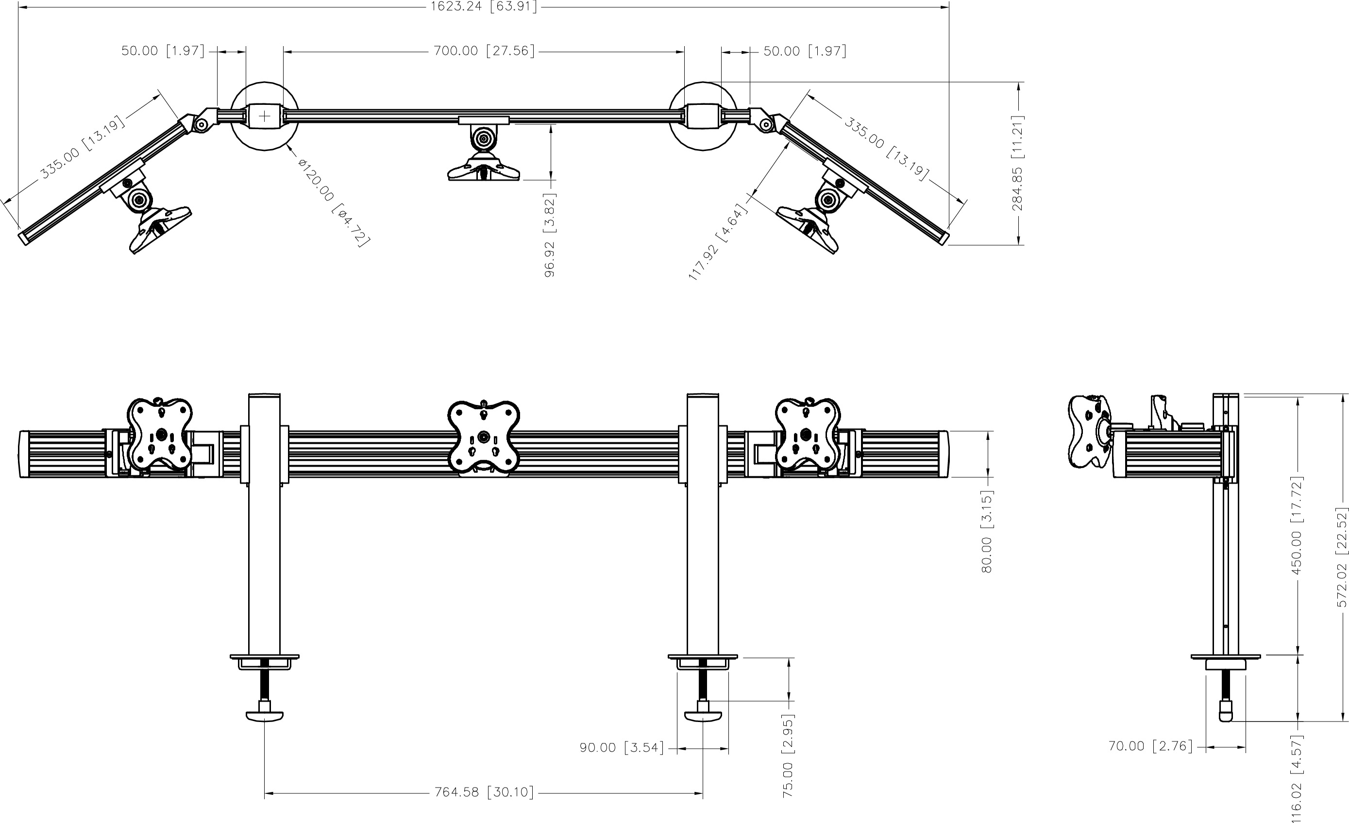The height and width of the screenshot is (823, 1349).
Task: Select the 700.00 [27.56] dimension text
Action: point(484,51)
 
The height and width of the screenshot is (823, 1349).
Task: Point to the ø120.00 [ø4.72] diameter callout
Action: point(334,202)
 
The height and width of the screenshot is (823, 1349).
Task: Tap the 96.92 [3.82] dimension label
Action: point(550,235)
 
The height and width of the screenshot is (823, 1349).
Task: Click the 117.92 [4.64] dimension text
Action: point(718,241)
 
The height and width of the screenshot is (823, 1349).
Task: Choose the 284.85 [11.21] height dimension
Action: point(1017,163)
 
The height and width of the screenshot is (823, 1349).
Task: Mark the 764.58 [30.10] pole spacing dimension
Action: point(484,792)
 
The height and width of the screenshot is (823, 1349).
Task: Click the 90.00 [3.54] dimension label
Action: point(622,747)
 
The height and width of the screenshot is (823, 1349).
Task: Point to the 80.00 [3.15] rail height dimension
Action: point(987,532)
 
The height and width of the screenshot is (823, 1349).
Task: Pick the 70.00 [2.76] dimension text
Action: point(1150,746)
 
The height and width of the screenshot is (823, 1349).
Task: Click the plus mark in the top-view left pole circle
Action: point(265,116)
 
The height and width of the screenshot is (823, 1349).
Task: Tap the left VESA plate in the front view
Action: point(160,434)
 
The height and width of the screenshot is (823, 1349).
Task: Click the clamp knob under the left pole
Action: point(265,715)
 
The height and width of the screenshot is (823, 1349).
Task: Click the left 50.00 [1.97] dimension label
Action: point(163,51)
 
